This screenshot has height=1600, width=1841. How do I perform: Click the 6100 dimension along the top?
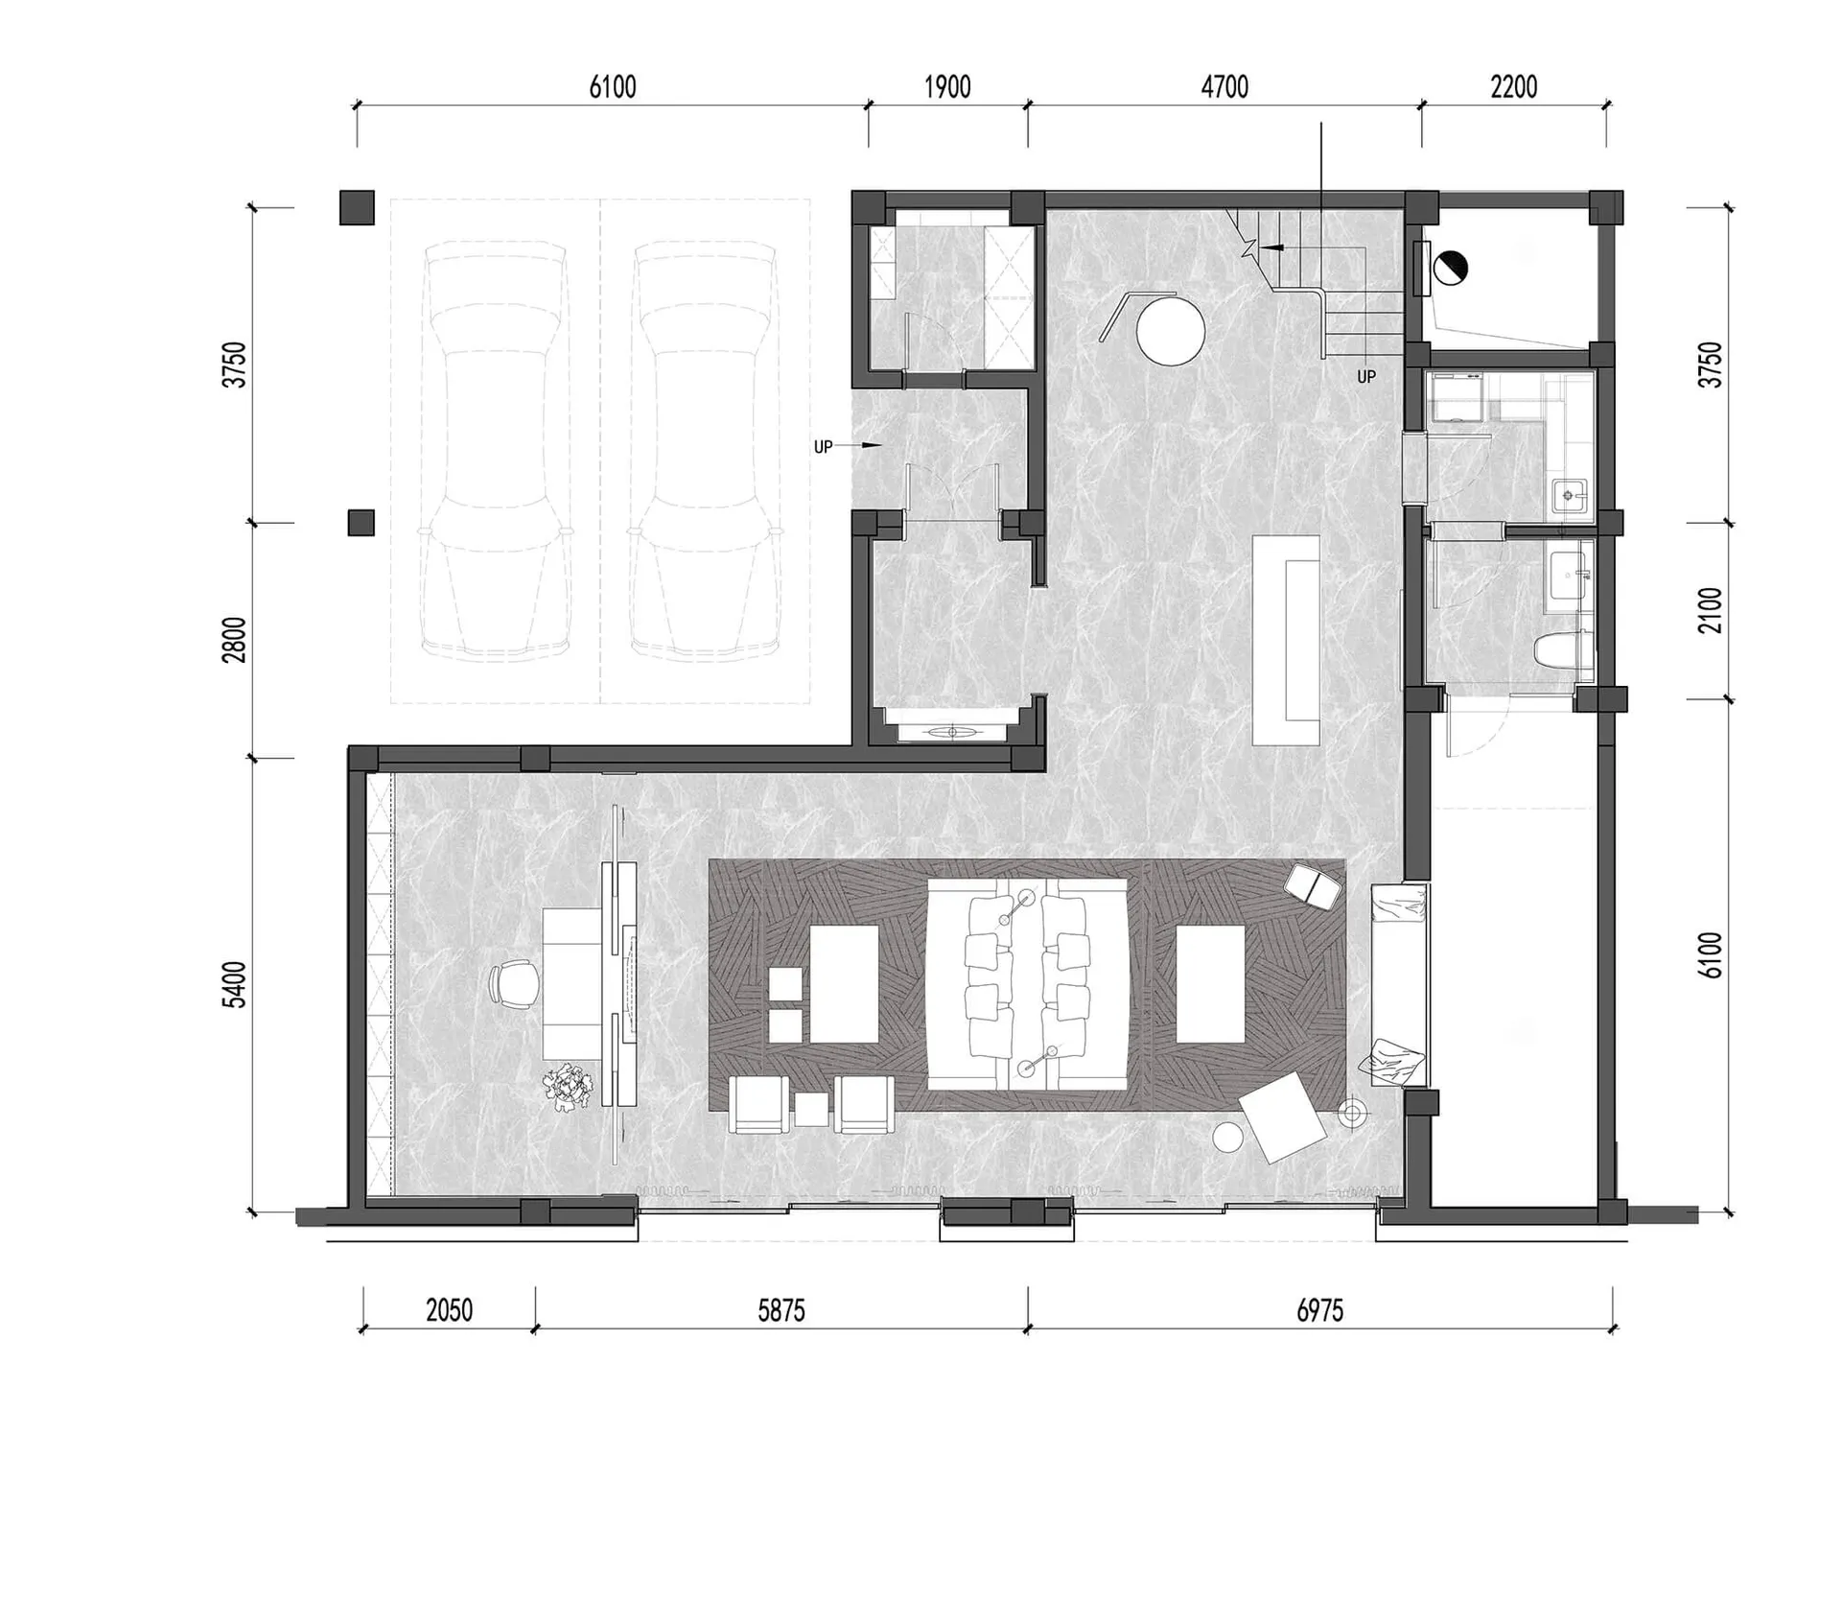(x=613, y=87)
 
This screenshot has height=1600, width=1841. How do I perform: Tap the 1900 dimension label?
(x=947, y=87)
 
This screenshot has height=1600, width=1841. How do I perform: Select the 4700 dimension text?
(x=1224, y=87)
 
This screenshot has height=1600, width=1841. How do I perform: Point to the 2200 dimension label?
(x=1514, y=87)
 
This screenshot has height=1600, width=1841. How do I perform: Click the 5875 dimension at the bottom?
(x=781, y=1310)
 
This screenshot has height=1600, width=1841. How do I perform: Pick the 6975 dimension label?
(x=1320, y=1310)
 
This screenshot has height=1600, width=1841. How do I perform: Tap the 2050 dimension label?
(x=449, y=1310)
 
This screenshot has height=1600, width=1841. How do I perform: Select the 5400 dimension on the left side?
(x=234, y=984)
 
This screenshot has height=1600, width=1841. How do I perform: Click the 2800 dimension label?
(x=234, y=640)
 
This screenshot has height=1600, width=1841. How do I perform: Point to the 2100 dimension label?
(x=1710, y=611)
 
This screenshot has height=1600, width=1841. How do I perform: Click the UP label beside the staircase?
(x=1366, y=377)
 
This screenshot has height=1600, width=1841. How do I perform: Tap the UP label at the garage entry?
(x=823, y=446)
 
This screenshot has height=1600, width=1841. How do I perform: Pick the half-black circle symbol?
(x=1451, y=267)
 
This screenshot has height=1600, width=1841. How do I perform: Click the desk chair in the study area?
(x=515, y=985)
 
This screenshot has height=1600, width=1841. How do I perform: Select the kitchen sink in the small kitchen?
(x=1570, y=495)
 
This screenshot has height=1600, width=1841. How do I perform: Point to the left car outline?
(x=495, y=452)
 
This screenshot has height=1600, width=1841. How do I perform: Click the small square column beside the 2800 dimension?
(x=361, y=523)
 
